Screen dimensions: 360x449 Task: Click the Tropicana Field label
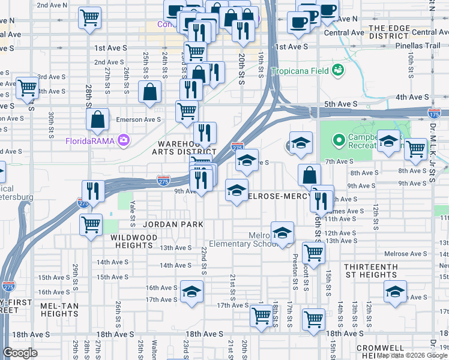300,71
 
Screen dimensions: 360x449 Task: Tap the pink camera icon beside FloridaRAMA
124,140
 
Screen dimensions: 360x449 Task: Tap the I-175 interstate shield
433,112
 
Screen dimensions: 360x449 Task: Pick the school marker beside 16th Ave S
191,292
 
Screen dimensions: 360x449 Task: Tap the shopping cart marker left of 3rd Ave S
27,88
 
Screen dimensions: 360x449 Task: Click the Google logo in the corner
20,353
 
